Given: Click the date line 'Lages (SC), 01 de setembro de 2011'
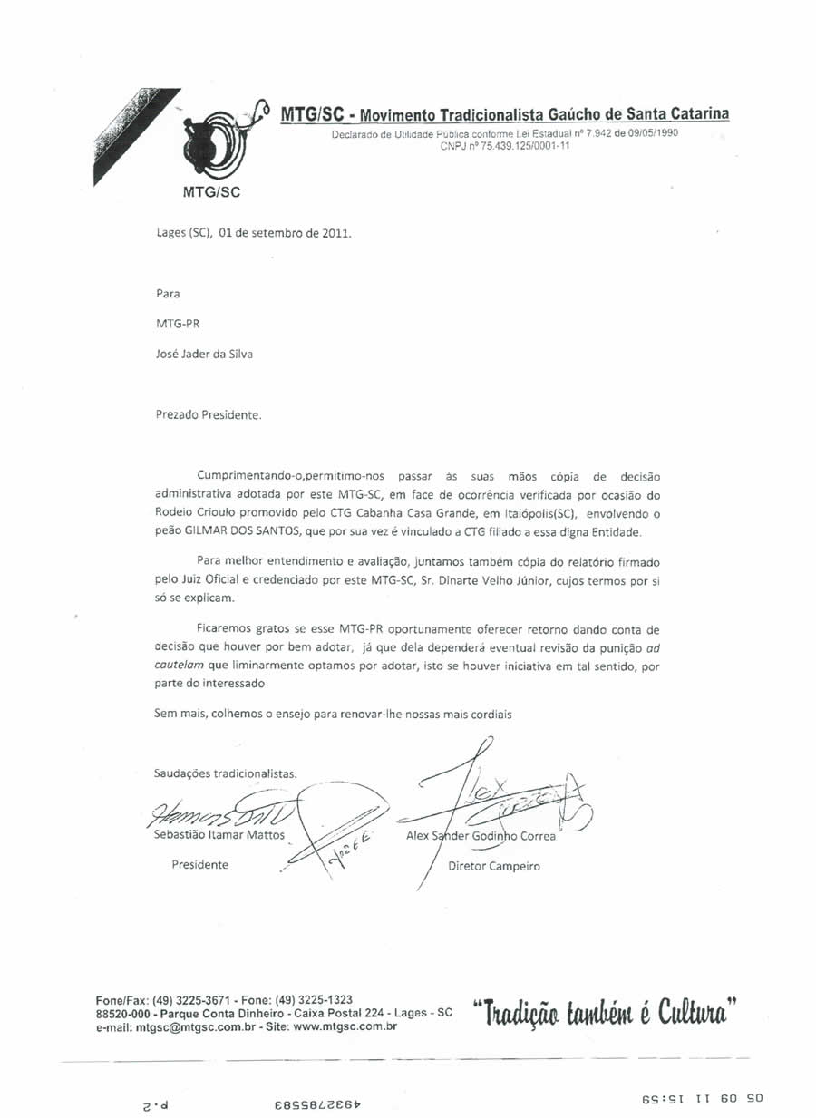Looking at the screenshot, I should pos(253,231).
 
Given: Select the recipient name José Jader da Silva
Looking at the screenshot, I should pos(204,354).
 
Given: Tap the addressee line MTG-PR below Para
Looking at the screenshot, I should pos(172,324).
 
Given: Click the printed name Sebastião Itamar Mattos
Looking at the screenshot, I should pos(219,835).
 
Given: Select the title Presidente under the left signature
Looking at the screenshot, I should pos(200,865).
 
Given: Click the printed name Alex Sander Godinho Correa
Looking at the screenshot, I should pos(481,836).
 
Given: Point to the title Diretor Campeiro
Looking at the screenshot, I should pos(494,866).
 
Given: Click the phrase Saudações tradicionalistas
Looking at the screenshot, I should pos(226,773).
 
